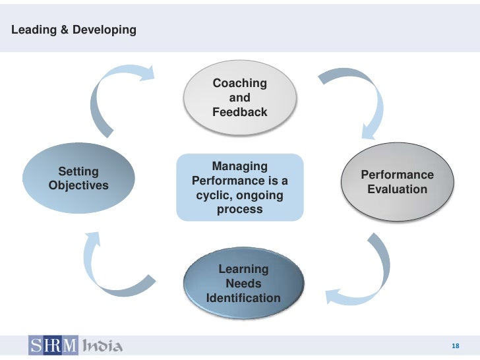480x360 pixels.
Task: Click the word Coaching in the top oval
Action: tap(239, 84)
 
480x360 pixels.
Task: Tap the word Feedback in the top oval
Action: tap(239, 112)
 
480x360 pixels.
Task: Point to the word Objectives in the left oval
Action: tap(78, 186)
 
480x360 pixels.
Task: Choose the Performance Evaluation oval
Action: tap(397, 182)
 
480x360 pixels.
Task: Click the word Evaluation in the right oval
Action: tap(397, 190)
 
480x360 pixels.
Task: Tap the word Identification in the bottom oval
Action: tap(243, 298)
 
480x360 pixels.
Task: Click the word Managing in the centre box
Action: tap(239, 166)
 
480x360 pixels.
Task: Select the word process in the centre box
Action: tap(239, 210)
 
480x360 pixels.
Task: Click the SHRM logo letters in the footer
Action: tap(53, 345)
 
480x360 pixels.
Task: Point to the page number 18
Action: tap(454, 347)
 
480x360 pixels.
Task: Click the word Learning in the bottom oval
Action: tap(243, 269)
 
